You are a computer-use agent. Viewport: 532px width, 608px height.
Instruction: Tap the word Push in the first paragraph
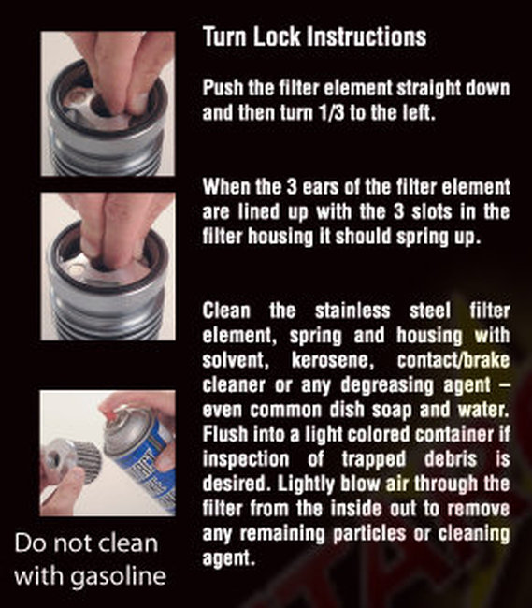pos(223,88)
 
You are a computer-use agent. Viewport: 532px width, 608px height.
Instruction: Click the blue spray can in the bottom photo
pos(143,469)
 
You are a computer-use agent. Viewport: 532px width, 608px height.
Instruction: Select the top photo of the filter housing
pos(107,103)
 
